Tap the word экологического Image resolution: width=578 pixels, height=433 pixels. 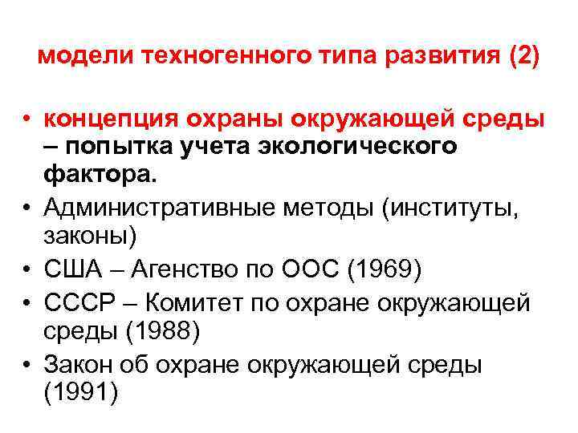coord(361,148)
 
